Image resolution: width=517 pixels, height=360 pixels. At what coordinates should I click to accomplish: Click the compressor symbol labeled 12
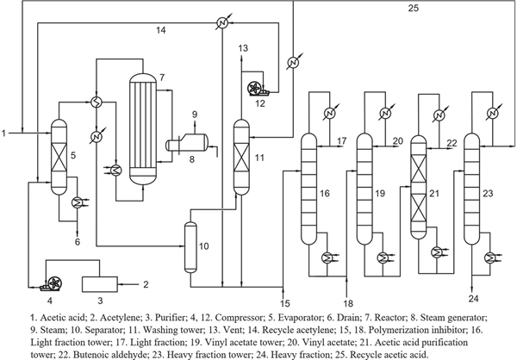(x=255, y=88)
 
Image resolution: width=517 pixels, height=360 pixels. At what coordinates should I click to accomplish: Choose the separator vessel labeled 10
(x=190, y=245)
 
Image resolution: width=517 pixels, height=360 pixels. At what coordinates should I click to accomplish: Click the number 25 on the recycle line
(x=414, y=9)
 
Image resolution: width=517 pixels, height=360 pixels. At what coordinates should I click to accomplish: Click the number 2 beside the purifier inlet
(x=146, y=282)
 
